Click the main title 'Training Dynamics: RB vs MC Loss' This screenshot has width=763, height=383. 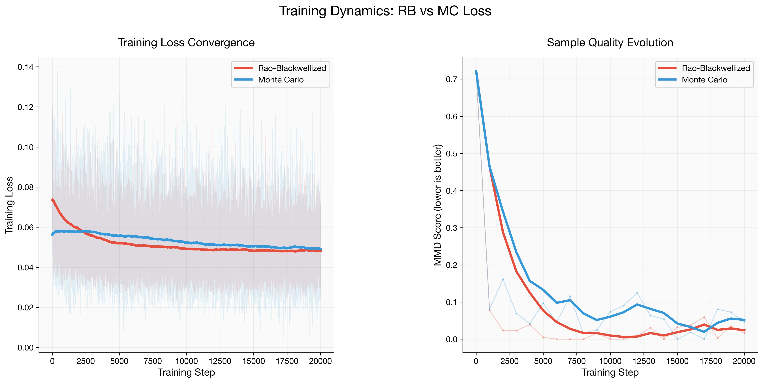(x=385, y=11)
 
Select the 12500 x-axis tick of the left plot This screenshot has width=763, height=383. (x=220, y=361)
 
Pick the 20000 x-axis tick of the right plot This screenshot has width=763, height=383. (x=744, y=361)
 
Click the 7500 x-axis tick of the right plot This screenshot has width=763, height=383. (x=576, y=361)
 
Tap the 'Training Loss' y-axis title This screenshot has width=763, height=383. (x=9, y=205)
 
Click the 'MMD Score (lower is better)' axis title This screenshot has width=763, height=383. (x=437, y=205)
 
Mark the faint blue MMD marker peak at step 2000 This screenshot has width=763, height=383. (x=503, y=279)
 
